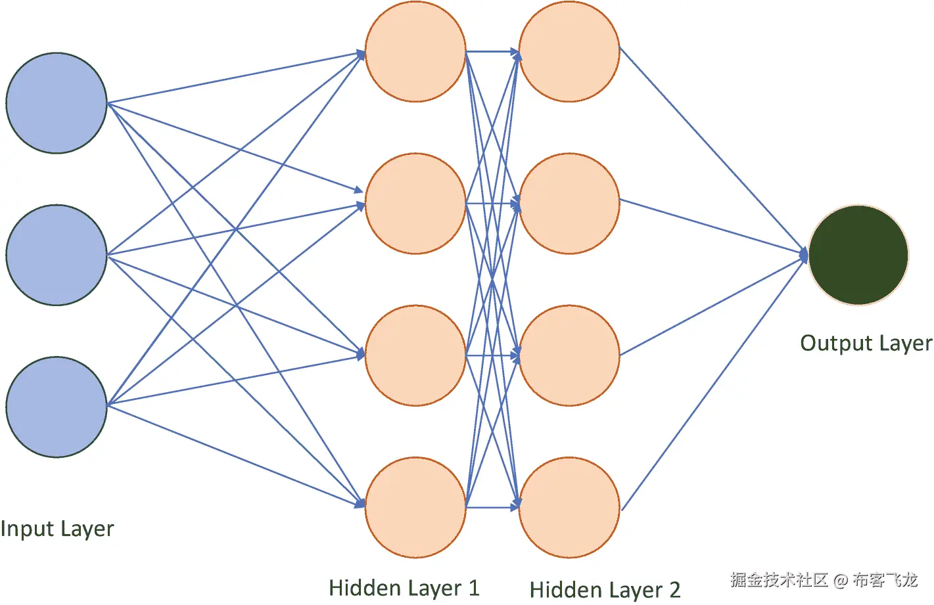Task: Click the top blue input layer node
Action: coord(57,103)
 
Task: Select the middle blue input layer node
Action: coord(57,255)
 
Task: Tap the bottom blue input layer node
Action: coord(57,407)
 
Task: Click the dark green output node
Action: coord(858,255)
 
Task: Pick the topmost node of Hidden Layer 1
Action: coord(415,51)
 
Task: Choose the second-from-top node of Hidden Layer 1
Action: coord(415,204)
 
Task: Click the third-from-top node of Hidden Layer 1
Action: coord(415,355)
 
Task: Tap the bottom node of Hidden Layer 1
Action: coord(415,507)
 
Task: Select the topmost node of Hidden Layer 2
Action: coord(569,51)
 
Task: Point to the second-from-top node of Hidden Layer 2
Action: coord(569,204)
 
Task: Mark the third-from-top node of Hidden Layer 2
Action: coord(569,355)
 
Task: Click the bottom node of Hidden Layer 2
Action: coord(569,507)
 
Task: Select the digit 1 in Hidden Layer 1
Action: coord(473,588)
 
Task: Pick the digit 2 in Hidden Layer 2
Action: coord(674,590)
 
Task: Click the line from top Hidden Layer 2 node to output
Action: coord(713,150)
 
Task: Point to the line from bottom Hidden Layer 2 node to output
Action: coord(713,384)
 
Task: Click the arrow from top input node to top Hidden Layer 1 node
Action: coord(237,78)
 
